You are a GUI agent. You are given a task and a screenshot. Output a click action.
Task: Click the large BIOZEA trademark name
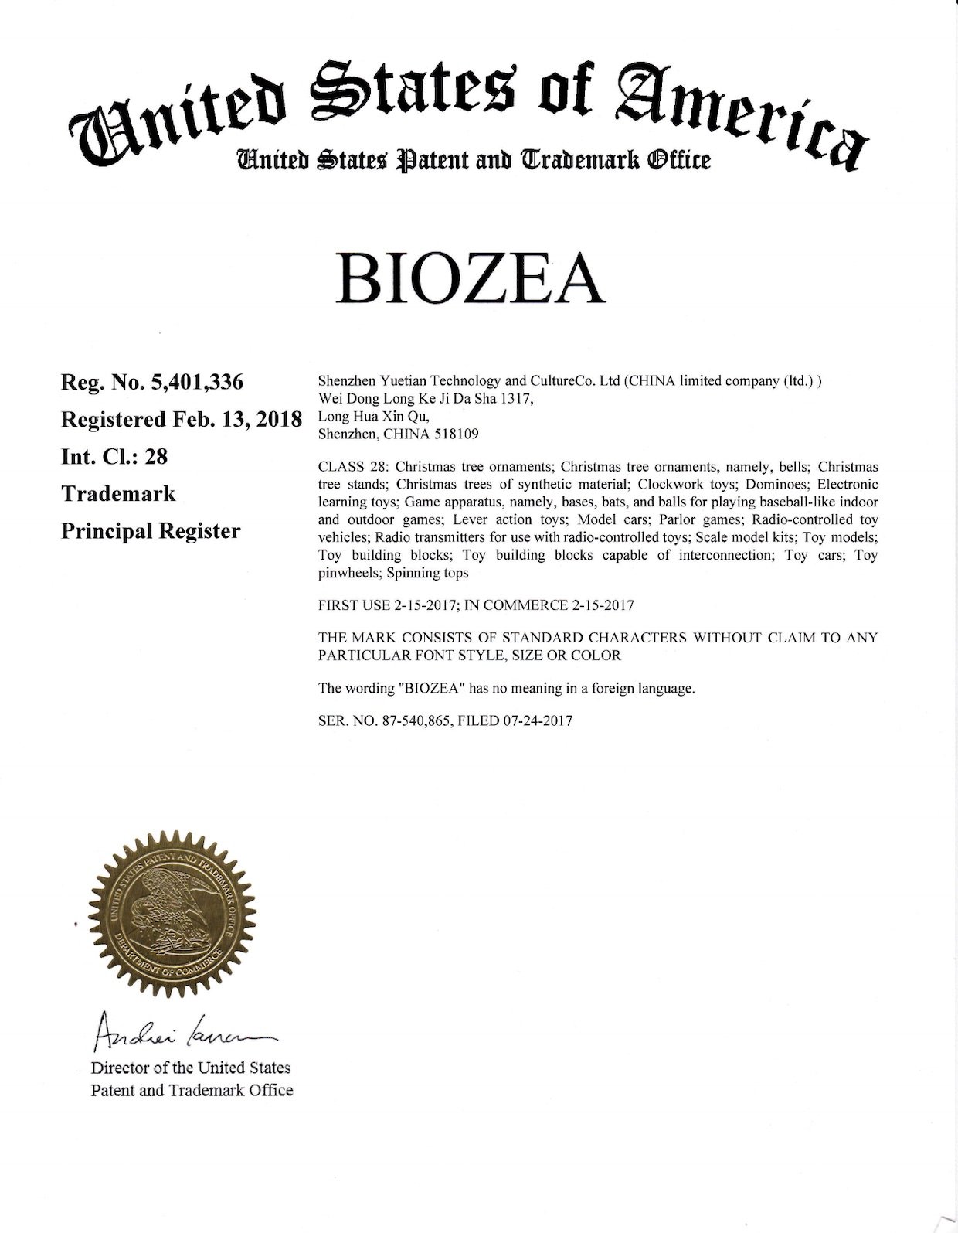[471, 278]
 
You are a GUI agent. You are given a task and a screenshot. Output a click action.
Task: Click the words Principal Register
[151, 532]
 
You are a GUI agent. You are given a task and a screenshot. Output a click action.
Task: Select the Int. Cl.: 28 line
[114, 457]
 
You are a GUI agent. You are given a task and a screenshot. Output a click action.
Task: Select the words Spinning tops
[427, 574]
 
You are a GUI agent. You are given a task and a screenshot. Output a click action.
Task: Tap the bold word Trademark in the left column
[118, 494]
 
